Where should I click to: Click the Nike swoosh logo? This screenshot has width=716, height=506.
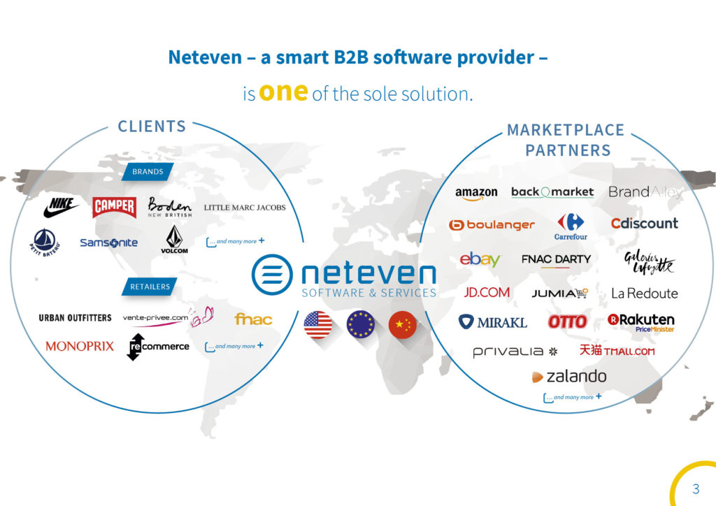[62, 208]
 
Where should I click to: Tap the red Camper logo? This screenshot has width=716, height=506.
[115, 207]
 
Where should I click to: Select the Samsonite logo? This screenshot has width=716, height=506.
[108, 243]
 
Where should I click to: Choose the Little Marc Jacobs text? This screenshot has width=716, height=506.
[245, 207]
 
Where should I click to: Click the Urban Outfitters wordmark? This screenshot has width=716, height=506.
[75, 318]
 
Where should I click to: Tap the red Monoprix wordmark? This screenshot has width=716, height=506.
[79, 346]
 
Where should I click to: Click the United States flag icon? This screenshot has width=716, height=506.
[318, 325]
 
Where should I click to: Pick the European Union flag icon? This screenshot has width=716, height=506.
[361, 325]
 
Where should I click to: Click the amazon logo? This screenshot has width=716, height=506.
[476, 193]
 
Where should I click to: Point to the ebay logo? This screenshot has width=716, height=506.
[480, 259]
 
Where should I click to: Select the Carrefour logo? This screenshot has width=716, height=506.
[571, 226]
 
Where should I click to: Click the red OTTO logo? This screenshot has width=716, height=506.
[567, 321]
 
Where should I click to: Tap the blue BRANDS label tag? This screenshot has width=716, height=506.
[148, 172]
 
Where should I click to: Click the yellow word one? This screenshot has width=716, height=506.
[283, 92]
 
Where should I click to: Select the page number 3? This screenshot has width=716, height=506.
[696, 488]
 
